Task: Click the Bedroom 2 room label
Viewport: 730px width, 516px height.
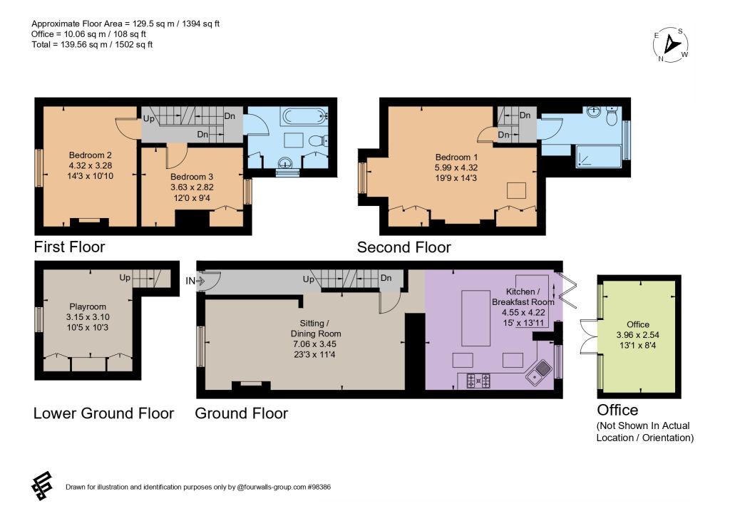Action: [x=91, y=155]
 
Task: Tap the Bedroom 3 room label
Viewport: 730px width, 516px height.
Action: [x=192, y=177]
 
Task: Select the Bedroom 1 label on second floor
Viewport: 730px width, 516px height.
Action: [x=456, y=158]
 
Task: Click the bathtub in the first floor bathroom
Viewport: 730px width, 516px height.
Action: [x=305, y=116]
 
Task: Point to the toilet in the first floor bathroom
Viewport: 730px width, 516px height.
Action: [x=319, y=140]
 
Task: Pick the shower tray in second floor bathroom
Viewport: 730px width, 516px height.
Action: [x=598, y=156]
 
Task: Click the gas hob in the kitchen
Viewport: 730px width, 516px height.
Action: [x=478, y=381]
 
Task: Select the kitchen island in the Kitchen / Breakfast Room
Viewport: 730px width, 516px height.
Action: [x=475, y=318]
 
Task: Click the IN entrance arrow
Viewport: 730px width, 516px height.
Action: [x=200, y=281]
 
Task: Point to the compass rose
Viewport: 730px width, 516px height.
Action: [x=670, y=45]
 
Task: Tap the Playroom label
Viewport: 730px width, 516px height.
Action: [x=88, y=306]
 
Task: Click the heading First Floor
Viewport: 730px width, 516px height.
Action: [x=70, y=247]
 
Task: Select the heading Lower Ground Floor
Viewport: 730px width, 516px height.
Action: [x=104, y=413]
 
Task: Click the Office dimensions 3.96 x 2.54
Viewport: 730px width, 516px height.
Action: [x=638, y=335]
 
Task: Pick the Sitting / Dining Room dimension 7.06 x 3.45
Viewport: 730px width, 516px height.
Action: [x=314, y=344]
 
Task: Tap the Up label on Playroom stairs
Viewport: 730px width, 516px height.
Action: [x=125, y=278]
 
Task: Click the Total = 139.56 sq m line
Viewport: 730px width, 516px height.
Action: [x=92, y=45]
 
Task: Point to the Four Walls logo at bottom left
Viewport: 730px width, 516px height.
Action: [x=42, y=486]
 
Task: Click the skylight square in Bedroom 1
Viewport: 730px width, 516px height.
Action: [x=516, y=191]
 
